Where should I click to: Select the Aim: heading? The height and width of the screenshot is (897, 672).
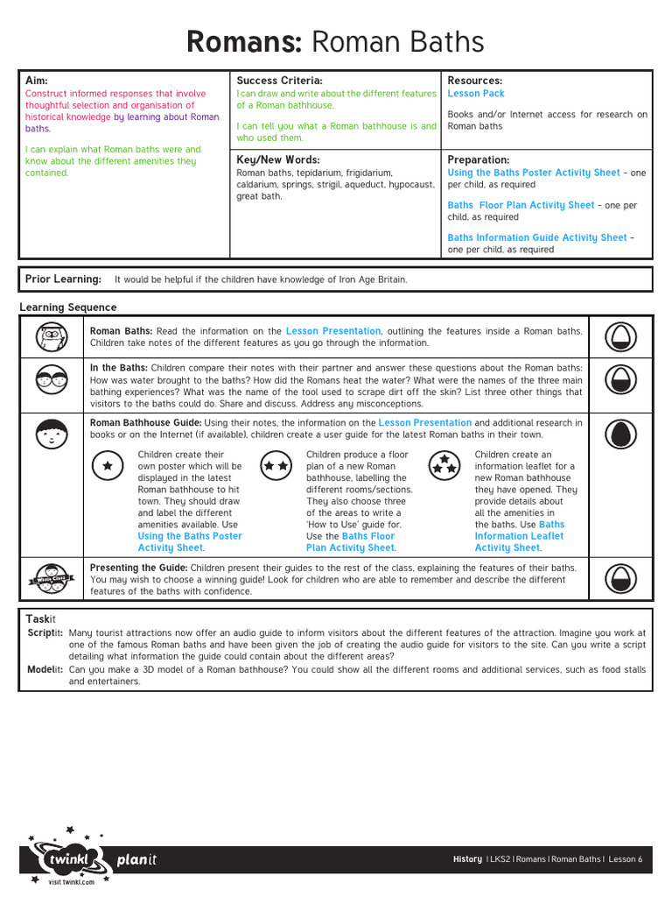click(38, 81)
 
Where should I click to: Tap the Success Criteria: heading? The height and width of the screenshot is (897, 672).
click(280, 81)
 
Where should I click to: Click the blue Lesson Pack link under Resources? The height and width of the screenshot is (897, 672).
click(476, 94)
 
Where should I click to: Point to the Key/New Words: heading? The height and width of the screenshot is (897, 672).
click(278, 160)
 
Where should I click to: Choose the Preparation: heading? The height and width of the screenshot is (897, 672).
click(479, 160)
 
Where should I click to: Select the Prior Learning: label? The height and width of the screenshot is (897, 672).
click(63, 279)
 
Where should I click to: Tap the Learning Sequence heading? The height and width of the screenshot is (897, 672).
click(68, 307)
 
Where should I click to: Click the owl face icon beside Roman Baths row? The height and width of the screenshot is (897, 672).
click(52, 336)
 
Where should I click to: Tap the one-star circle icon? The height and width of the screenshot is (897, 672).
click(107, 466)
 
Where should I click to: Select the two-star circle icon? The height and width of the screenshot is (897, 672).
click(276, 466)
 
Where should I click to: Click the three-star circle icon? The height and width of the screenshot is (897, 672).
click(444, 465)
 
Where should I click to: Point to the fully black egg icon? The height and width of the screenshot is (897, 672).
click(624, 434)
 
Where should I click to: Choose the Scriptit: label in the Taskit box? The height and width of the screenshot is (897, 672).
click(45, 632)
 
